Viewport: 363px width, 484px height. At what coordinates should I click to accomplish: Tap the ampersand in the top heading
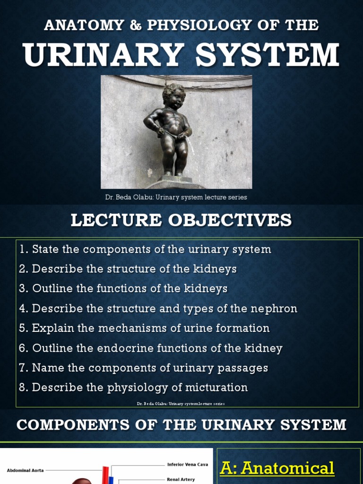(x=135, y=25)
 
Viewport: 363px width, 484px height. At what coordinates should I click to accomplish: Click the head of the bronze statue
(x=173, y=96)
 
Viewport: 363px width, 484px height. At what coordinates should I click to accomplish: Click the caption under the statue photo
(x=176, y=197)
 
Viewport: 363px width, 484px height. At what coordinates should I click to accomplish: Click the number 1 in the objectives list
(x=23, y=250)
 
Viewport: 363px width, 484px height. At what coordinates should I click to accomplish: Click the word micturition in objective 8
(x=219, y=388)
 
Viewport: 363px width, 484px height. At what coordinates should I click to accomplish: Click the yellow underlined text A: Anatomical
(x=277, y=468)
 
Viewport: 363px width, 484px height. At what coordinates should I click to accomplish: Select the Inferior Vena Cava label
(x=188, y=465)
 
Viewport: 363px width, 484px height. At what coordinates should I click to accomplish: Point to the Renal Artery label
(x=181, y=479)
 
